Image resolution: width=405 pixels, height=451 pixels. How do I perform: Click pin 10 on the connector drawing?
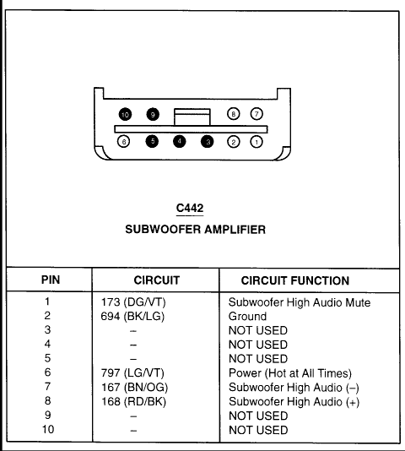click(125, 115)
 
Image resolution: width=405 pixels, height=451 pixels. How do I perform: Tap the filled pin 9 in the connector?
click(153, 115)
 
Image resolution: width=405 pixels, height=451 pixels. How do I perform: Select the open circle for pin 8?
click(233, 114)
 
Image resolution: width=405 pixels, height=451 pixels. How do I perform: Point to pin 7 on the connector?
click(256, 114)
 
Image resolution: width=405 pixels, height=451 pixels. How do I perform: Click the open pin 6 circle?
click(123, 142)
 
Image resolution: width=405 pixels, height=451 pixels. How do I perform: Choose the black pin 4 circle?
click(180, 141)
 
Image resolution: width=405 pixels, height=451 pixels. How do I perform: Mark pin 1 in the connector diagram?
click(256, 142)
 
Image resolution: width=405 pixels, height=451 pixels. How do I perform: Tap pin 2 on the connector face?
click(233, 142)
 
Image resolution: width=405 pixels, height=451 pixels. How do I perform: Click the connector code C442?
click(190, 208)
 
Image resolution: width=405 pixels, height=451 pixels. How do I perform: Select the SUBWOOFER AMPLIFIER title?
click(195, 230)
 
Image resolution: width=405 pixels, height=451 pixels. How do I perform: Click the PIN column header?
click(51, 280)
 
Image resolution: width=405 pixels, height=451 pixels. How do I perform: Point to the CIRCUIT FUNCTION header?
click(295, 280)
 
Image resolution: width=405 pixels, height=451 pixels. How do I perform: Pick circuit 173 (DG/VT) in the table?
click(133, 302)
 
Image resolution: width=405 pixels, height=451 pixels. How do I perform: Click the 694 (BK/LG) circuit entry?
click(132, 317)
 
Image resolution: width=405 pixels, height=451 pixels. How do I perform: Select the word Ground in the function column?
click(247, 317)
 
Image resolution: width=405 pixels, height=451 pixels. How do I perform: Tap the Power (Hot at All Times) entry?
click(290, 373)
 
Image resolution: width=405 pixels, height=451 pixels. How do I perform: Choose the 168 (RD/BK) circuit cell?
click(133, 401)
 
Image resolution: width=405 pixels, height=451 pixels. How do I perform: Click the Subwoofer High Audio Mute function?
click(300, 302)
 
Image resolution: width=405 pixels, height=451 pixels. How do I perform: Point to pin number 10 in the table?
click(48, 429)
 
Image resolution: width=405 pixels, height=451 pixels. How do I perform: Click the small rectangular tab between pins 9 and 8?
click(192, 117)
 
